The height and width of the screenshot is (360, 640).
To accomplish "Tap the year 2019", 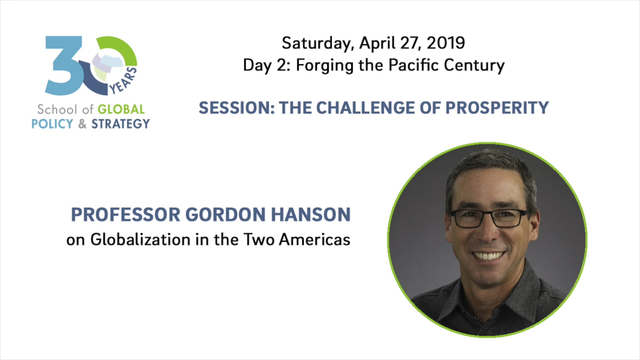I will tap(446, 43).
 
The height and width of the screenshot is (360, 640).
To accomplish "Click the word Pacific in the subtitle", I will tap(413, 65).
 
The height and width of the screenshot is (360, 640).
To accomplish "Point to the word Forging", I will tap(324, 66).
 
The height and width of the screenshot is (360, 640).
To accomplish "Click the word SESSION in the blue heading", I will tap(236, 108).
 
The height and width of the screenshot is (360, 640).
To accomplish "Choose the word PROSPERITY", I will tap(497, 108).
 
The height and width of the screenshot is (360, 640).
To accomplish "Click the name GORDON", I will tap(225, 214).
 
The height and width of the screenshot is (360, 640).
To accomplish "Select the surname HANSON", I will tap(311, 214).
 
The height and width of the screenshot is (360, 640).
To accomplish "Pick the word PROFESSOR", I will tap(126, 214).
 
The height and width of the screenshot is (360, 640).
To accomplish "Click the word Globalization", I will tap(140, 239).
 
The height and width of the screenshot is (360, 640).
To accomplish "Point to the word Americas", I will tap(315, 239).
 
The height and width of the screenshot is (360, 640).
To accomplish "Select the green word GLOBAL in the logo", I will tap(121, 109).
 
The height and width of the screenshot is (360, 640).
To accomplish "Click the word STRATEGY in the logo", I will tap(121, 124).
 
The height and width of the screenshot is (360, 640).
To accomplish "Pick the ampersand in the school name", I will tap(82, 124).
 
